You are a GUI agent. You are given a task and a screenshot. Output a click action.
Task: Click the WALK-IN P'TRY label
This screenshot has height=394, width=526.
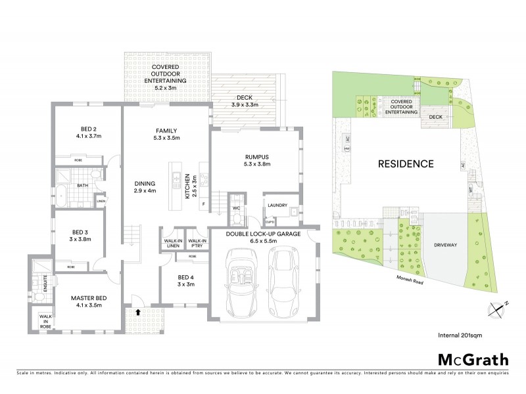tap(197, 244)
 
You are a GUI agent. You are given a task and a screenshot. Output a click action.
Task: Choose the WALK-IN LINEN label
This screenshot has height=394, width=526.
tap(173, 244)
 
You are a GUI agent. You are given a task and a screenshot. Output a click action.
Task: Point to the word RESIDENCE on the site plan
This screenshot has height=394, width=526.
tap(405, 164)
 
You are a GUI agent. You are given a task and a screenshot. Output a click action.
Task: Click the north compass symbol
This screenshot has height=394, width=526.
tap(498, 307)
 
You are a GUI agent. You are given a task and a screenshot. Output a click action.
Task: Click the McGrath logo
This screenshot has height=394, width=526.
tap(473, 359)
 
